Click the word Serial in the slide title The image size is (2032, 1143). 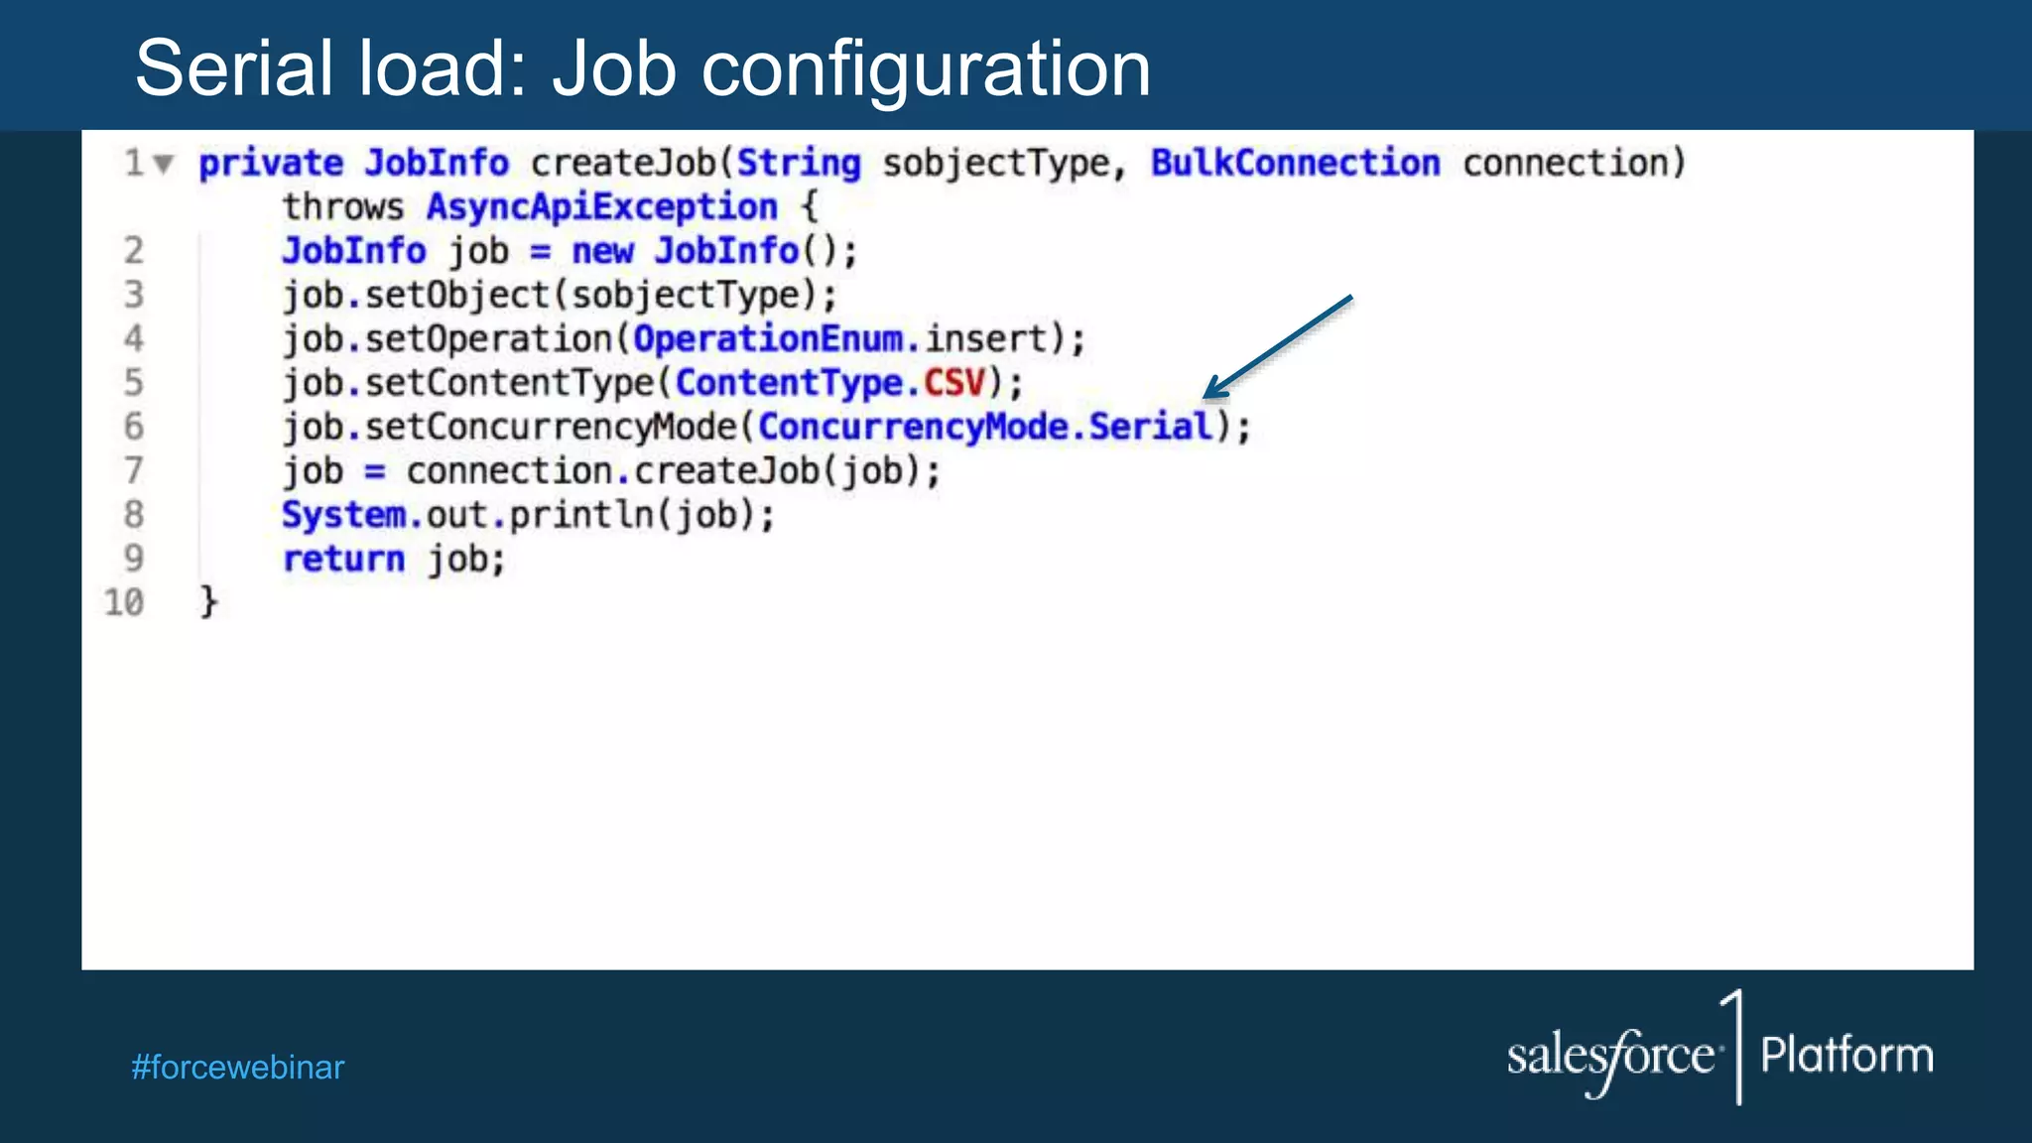pos(233,68)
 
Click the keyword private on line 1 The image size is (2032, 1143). pos(271,164)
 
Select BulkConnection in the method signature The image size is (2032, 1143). pos(1295,163)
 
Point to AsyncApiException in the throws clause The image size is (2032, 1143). pos(601,207)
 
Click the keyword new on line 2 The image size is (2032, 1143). pos(602,252)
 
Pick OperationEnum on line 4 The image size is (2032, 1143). pos(768,339)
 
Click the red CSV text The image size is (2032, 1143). pos(954,383)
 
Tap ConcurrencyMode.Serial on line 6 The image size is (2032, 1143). pos(984,428)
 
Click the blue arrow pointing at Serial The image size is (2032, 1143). pos(1277,347)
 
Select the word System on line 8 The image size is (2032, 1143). pos(343,515)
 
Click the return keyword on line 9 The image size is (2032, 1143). pos(343,560)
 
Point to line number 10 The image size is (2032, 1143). pos(124,602)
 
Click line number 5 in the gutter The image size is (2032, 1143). pos(133,383)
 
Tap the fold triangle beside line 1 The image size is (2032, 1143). pos(164,163)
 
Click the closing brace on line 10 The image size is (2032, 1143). pos(208,601)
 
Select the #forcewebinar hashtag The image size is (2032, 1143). pos(237,1068)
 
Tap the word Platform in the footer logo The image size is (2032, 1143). pos(1846,1056)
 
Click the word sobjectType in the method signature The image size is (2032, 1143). pos(995,164)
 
